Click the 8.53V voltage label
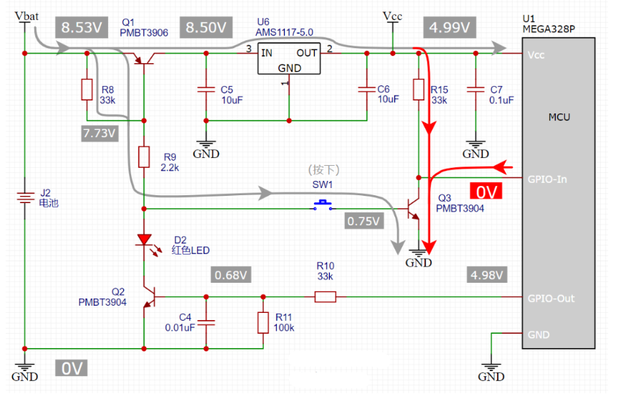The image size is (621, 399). pyautogui.click(x=80, y=28)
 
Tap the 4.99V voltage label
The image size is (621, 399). pyautogui.click(x=450, y=28)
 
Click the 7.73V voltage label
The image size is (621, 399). pyautogui.click(x=100, y=133)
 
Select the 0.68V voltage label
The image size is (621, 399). pyautogui.click(x=232, y=275)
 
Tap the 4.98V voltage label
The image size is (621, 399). pyautogui.click(x=487, y=275)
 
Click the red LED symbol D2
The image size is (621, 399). pyautogui.click(x=144, y=240)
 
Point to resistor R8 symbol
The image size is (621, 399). pyautogui.click(x=87, y=89)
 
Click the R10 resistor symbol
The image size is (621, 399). pyautogui.click(x=326, y=296)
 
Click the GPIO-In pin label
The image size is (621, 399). pyautogui.click(x=546, y=179)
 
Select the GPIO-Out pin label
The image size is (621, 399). pyautogui.click(x=550, y=299)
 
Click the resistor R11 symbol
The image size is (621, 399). pyautogui.click(x=264, y=323)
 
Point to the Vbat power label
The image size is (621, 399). pyautogui.click(x=27, y=16)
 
